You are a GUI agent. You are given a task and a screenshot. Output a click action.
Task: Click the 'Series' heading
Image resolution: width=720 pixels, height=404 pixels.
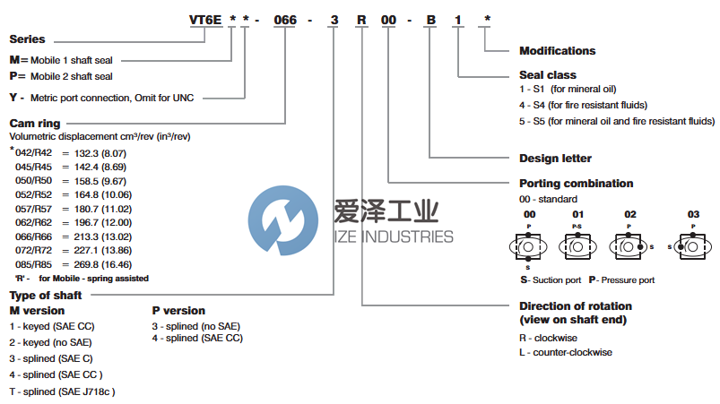tap(27, 39)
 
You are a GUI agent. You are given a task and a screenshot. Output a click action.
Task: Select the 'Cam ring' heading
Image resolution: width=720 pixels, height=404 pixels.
tap(35, 123)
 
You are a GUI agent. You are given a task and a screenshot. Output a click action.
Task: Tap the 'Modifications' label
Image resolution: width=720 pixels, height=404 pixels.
tap(557, 51)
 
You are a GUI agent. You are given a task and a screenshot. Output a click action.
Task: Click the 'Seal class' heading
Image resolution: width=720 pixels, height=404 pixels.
tap(548, 75)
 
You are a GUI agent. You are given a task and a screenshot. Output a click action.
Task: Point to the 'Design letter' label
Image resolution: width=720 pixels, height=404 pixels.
tap(555, 159)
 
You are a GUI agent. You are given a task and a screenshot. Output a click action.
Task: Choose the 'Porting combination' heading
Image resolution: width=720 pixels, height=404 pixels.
tap(577, 184)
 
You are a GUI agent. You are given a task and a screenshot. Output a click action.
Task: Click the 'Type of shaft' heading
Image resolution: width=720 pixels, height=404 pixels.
tap(46, 295)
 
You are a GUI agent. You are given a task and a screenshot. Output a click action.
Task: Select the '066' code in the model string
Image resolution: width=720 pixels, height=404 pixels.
tap(284, 20)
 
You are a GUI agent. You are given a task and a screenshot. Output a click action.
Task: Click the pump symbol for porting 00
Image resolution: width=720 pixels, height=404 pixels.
tap(529, 246)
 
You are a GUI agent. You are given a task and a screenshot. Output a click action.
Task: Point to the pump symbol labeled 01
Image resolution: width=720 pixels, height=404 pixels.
tap(578, 245)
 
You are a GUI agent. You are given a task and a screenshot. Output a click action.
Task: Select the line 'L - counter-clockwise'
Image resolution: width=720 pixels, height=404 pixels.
tap(566, 352)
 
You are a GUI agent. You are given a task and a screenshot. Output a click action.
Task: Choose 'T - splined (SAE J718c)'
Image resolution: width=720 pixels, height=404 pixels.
tap(62, 391)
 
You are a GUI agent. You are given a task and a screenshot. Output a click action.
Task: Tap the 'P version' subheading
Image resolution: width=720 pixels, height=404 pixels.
tap(178, 311)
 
